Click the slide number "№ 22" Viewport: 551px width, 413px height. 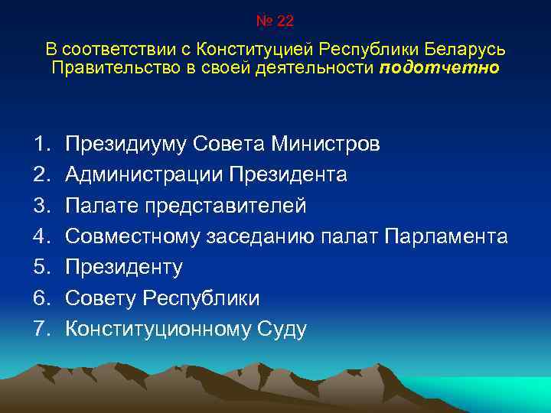coord(275,21)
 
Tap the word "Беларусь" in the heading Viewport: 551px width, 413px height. coord(468,50)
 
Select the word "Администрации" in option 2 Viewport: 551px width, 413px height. coord(143,175)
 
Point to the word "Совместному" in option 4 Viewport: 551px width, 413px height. coord(133,236)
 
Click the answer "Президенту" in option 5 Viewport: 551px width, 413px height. coord(124,267)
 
